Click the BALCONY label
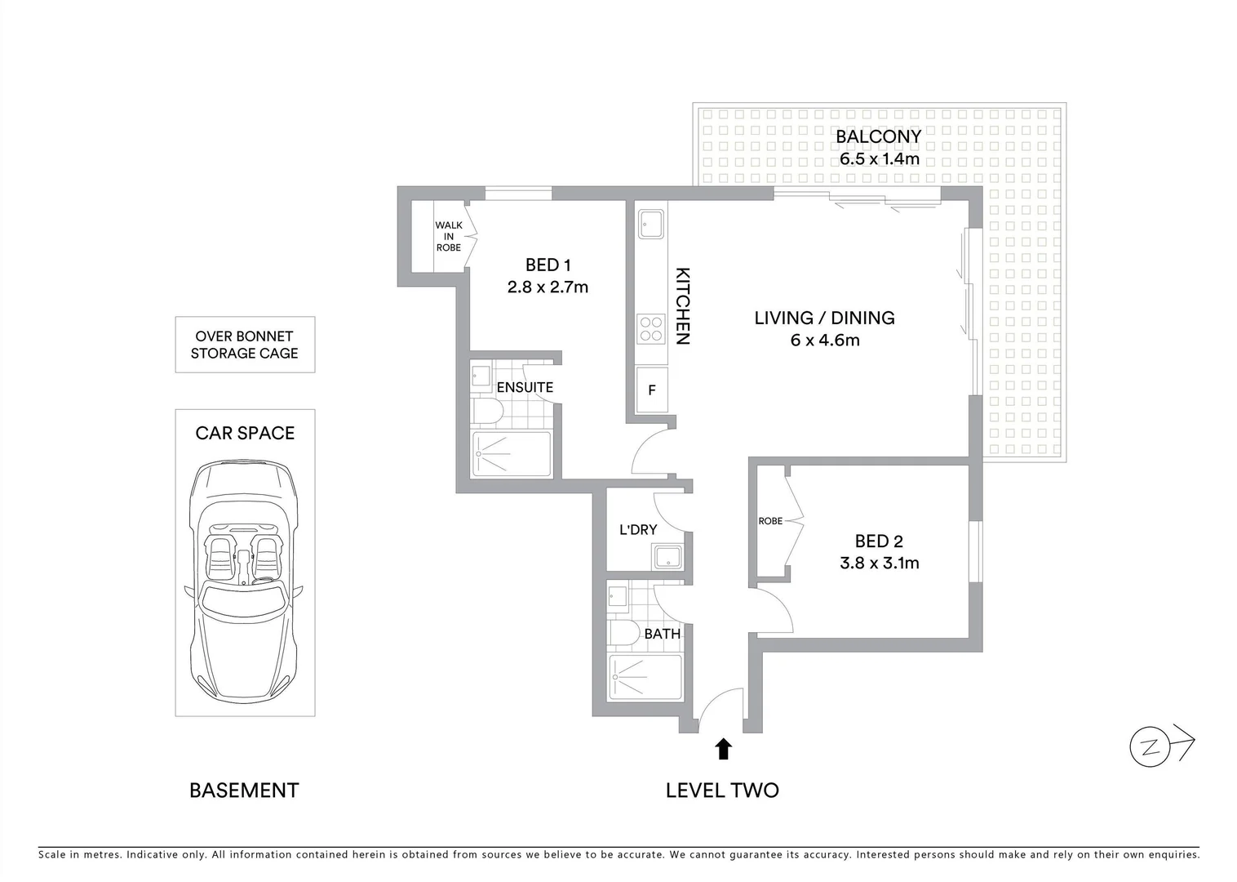coord(878,136)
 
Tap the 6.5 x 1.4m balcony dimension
coord(879,158)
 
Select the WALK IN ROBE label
coord(448,236)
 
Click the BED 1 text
coord(548,265)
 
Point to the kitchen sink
coord(651,224)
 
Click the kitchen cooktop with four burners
coord(651,328)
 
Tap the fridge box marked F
coord(651,390)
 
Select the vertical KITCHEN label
coord(682,306)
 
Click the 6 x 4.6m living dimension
coord(824,340)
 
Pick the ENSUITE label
coord(525,387)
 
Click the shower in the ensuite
coord(512,453)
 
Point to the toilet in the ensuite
coord(487,412)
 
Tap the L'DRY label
coord(637,529)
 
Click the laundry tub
coord(668,557)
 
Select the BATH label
coord(662,633)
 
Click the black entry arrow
coord(722,748)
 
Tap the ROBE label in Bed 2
coord(769,521)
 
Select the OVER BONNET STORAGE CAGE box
coord(245,345)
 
